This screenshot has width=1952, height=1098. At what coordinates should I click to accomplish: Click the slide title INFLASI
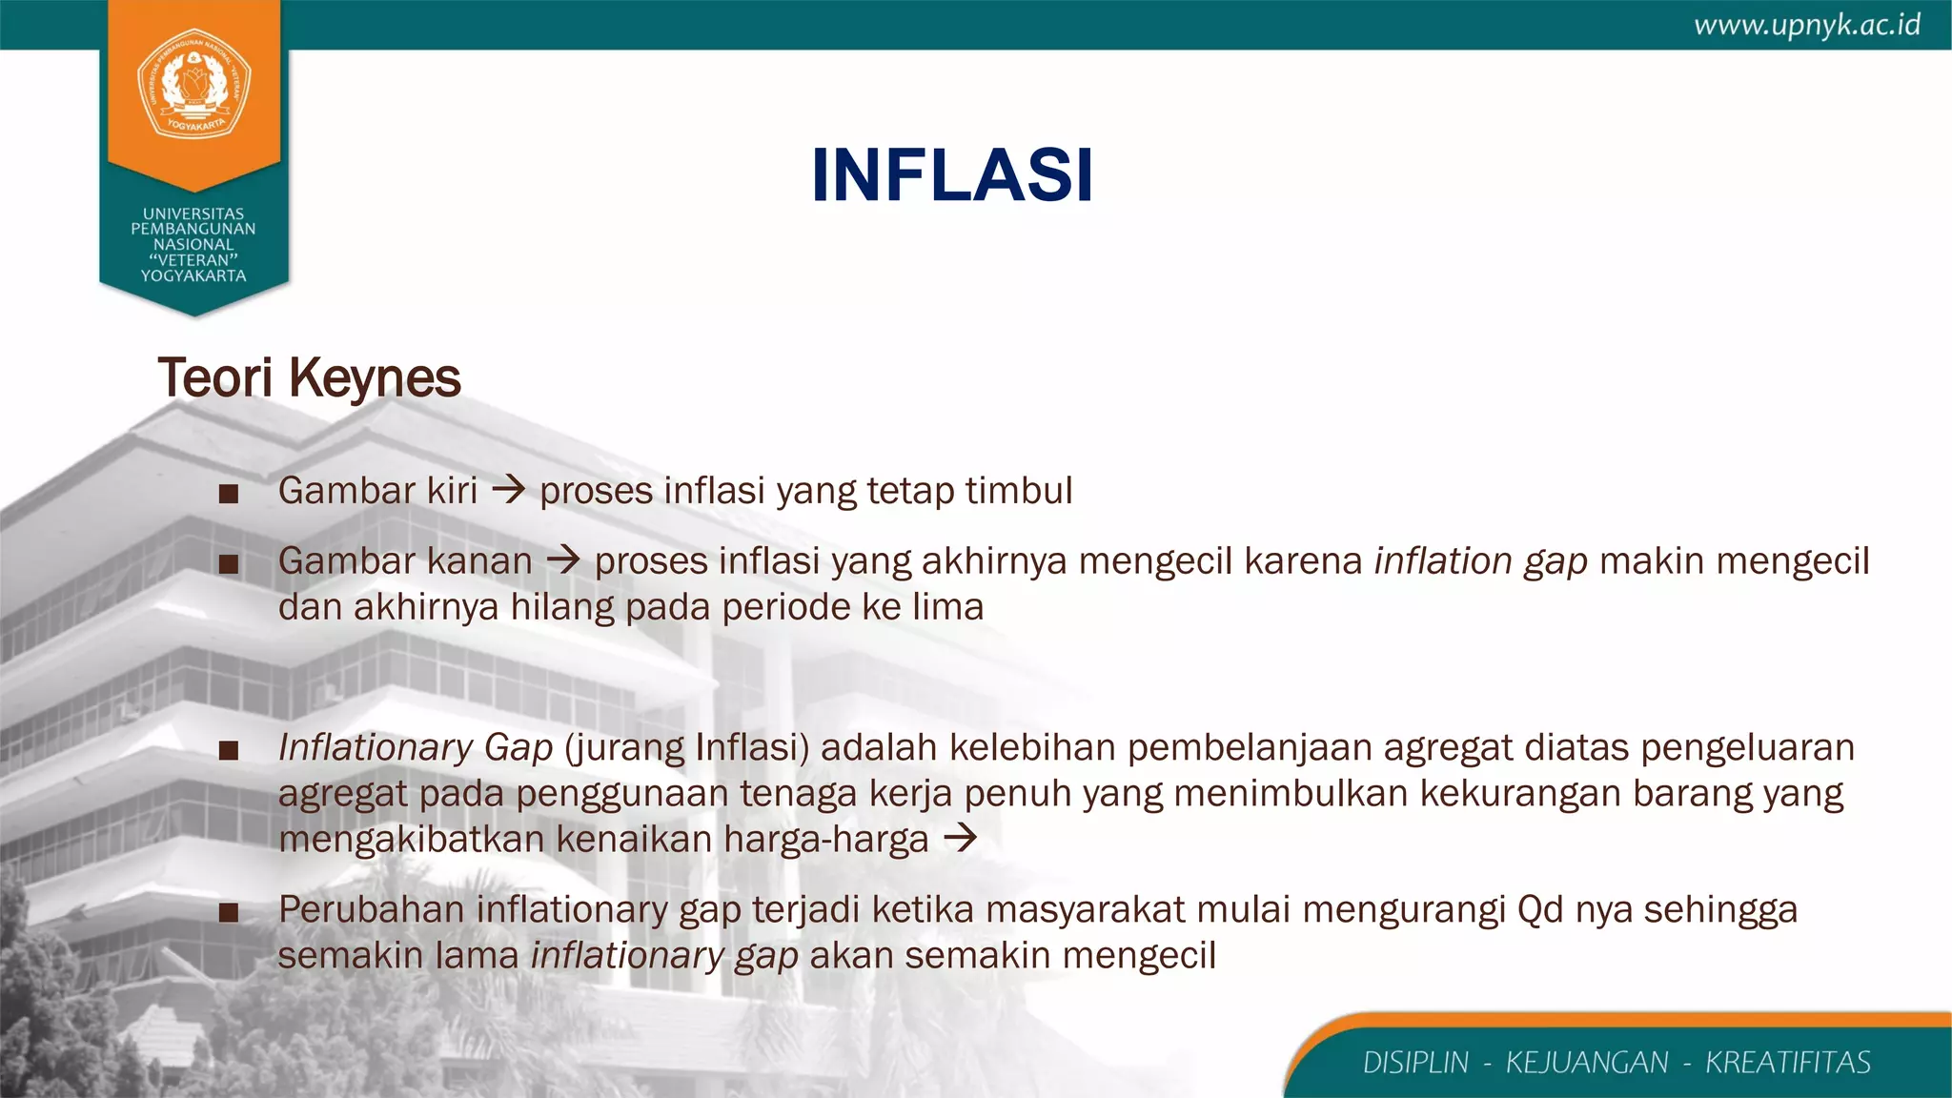[951, 176]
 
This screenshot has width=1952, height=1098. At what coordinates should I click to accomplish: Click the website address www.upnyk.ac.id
[1806, 25]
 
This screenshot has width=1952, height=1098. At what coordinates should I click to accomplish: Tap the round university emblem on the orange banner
[194, 84]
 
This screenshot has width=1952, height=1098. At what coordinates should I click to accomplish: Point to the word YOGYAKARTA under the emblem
[193, 276]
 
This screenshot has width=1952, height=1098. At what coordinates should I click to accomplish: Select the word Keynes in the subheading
[375, 377]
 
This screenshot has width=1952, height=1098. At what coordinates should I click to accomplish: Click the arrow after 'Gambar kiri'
[509, 491]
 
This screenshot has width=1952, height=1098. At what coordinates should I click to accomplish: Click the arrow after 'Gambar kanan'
[563, 560]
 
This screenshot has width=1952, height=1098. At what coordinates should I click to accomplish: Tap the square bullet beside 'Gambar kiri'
[228, 494]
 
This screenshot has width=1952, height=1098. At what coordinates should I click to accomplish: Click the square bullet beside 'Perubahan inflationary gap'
[228, 913]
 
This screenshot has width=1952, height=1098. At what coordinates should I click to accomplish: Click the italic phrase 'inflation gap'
[1480, 561]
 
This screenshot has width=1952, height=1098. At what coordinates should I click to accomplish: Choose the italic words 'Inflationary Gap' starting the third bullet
[416, 748]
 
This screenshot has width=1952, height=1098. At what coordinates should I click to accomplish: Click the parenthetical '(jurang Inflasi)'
[686, 748]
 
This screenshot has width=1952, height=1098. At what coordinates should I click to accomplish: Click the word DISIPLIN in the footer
[1415, 1063]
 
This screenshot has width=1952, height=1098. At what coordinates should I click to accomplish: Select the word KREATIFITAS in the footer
[1788, 1063]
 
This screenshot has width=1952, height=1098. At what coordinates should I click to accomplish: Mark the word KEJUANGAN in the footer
[1587, 1063]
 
